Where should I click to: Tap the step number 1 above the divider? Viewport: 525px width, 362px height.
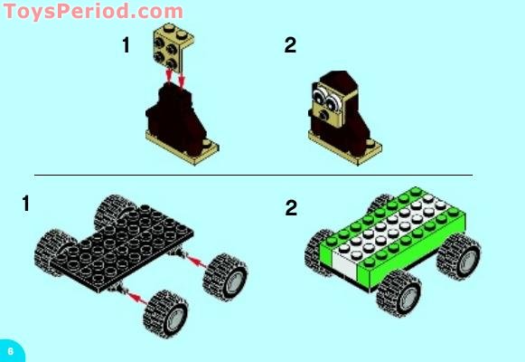click(x=127, y=45)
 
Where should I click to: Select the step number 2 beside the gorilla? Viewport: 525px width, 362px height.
click(x=290, y=45)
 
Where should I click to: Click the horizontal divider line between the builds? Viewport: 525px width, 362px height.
click(x=253, y=175)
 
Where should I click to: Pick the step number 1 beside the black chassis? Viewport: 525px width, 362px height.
click(x=26, y=205)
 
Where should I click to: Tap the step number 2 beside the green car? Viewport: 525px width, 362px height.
click(x=291, y=209)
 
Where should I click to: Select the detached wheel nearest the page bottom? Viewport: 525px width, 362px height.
click(x=164, y=313)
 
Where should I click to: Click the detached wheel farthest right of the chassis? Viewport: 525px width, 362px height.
click(x=225, y=276)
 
